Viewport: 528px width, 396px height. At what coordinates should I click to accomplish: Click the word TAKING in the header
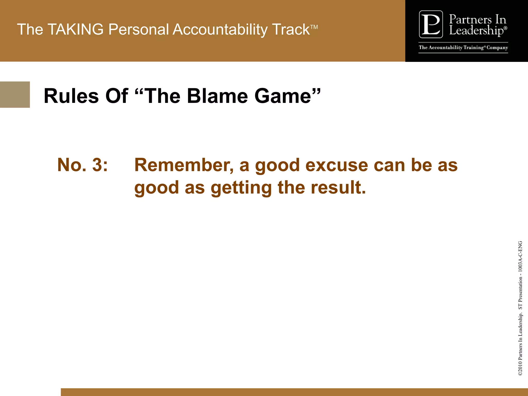[76, 29]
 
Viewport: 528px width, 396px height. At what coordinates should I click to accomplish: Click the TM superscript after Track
[314, 27]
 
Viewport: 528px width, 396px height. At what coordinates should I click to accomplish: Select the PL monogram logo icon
[431, 24]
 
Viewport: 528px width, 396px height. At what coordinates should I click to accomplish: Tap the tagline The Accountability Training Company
[463, 48]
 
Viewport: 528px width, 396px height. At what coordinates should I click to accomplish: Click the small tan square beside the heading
[15, 95]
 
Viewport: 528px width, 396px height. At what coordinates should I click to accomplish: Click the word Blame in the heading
[217, 96]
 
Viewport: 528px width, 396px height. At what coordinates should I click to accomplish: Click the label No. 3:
[82, 165]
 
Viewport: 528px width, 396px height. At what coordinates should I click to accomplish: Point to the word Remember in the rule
[184, 165]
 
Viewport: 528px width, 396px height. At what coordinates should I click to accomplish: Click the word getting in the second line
[241, 188]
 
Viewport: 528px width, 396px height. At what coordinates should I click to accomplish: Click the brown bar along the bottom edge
[294, 392]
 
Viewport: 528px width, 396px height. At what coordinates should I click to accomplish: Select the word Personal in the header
[138, 29]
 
